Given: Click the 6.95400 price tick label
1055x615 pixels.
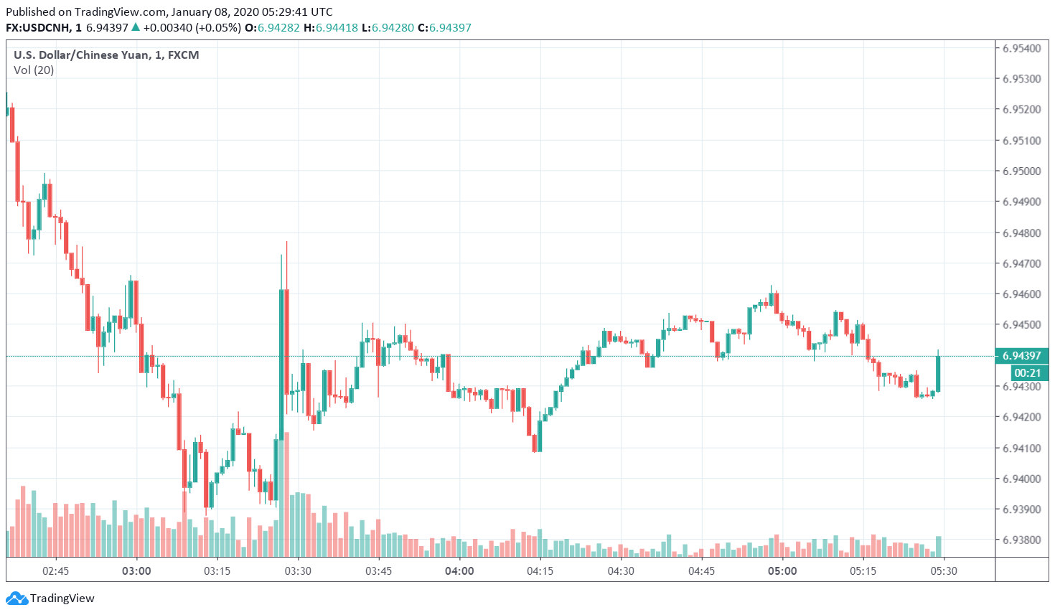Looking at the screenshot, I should click(1021, 49).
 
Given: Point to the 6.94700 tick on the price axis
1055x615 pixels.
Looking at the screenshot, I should click(1021, 263).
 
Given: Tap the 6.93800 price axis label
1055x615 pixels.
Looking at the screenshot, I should click(1021, 540).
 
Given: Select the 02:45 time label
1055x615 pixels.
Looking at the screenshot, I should click(55, 571).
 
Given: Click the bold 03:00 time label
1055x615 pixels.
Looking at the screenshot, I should click(136, 571).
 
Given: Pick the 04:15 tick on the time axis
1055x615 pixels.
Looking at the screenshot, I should click(540, 571).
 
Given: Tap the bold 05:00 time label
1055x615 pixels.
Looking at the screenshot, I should click(782, 571).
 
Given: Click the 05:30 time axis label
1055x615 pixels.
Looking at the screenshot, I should click(944, 571).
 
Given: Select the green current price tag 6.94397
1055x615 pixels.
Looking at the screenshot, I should click(1021, 356).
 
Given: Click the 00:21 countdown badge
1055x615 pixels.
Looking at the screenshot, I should click(1027, 373).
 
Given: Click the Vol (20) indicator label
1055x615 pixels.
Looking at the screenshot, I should click(34, 70).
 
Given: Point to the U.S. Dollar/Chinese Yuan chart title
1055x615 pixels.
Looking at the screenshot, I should click(106, 55).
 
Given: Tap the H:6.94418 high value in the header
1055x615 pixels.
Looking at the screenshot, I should click(331, 28).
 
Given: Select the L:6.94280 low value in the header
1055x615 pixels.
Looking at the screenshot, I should click(388, 28).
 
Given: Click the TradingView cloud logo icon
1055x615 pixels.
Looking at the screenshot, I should click(17, 598).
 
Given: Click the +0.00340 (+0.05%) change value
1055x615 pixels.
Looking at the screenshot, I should click(192, 28).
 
